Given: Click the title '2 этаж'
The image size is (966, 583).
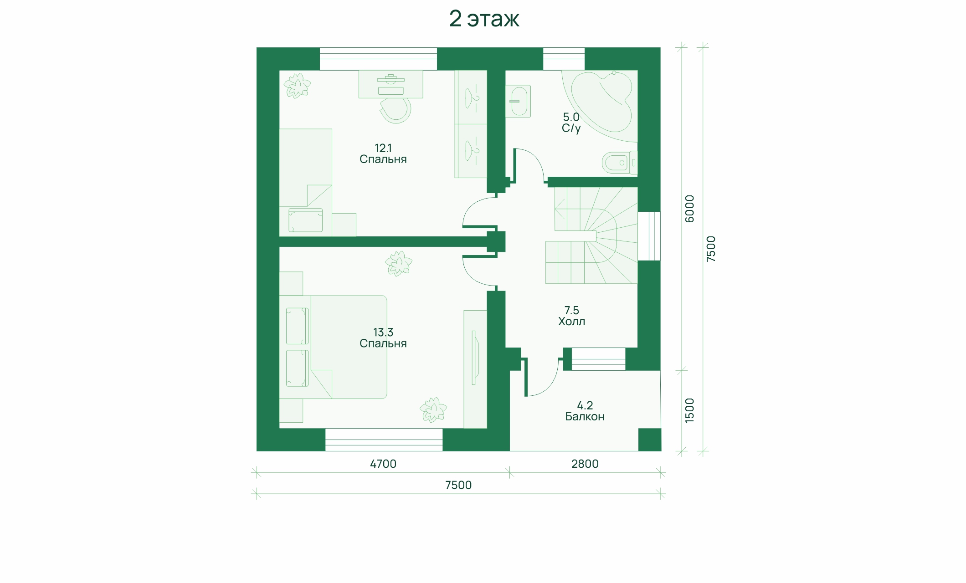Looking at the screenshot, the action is click(484, 19).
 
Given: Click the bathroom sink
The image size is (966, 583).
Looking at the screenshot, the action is click(518, 101).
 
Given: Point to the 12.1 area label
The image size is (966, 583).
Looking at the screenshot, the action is click(383, 148).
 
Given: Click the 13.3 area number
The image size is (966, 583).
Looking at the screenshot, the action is click(383, 332).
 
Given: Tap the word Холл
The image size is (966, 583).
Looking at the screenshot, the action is click(572, 322).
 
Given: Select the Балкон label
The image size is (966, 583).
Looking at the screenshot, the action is click(585, 416).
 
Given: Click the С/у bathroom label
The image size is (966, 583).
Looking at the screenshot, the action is click(571, 128).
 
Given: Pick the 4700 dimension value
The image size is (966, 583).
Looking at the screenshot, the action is click(383, 464).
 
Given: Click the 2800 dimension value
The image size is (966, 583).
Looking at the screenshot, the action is click(585, 464).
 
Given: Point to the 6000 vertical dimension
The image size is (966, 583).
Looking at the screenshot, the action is click(690, 209).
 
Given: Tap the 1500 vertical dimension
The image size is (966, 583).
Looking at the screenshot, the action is click(690, 410).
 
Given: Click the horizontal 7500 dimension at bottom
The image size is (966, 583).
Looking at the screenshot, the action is click(458, 485).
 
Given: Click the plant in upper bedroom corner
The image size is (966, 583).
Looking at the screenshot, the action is click(297, 85).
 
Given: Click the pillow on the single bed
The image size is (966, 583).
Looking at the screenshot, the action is click(305, 220).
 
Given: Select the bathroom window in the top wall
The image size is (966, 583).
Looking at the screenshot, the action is click(564, 59).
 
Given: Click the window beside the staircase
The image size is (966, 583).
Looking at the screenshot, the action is click(649, 236).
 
